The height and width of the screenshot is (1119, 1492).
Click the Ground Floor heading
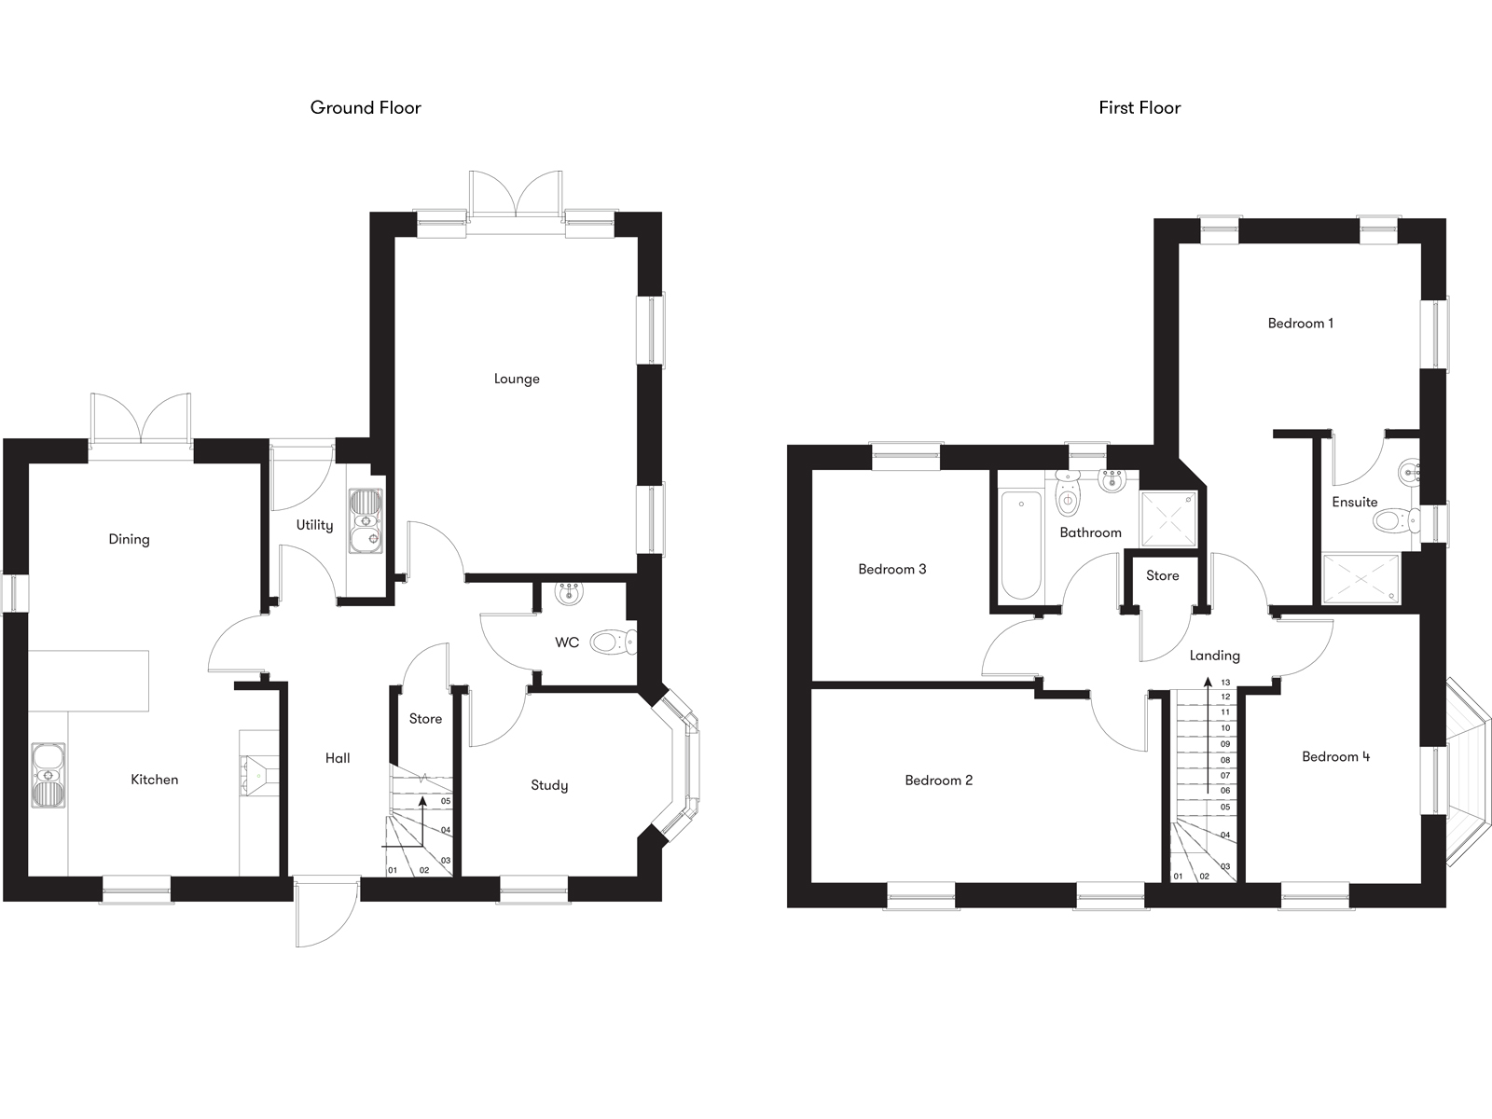point(366,108)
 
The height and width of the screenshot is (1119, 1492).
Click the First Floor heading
point(1140,108)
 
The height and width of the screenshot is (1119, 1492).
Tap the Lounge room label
point(517,379)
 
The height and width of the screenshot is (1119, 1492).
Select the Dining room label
point(129,539)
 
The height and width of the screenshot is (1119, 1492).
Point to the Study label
point(549,785)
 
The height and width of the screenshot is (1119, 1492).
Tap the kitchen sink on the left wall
point(48,775)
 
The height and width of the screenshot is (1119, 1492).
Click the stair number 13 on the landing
point(1225,683)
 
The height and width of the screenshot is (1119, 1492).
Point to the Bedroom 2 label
point(938,781)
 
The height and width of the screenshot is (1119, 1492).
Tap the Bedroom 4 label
point(1335,756)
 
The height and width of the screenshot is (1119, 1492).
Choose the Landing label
point(1214,656)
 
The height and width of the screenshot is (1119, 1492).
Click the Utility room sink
point(365,521)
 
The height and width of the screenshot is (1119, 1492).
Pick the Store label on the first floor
point(1162,575)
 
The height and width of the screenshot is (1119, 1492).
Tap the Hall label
point(338,758)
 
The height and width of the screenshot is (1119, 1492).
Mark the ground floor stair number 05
point(446,801)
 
